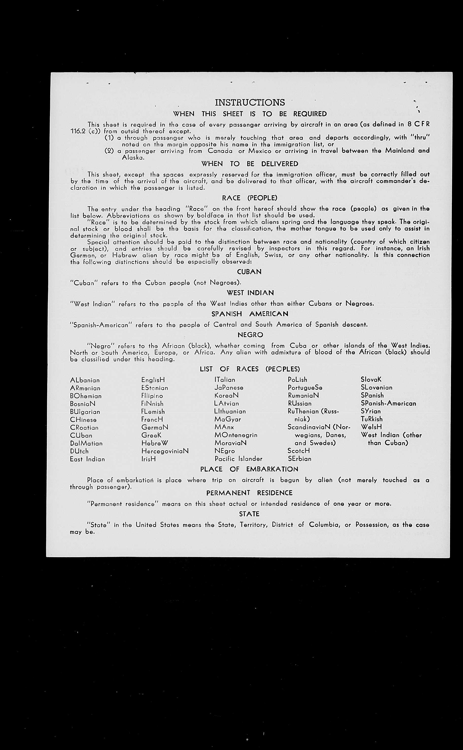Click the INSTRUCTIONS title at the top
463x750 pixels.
[250, 102]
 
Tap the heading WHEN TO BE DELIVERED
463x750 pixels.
[250, 164]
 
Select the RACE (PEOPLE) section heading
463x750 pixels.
[250, 198]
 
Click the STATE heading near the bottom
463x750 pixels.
[249, 514]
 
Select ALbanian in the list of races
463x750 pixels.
[85, 380]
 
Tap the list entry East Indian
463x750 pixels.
[87, 459]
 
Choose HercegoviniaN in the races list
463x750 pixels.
[165, 451]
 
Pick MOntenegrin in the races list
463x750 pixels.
[236, 435]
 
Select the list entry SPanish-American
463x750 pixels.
[388, 403]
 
